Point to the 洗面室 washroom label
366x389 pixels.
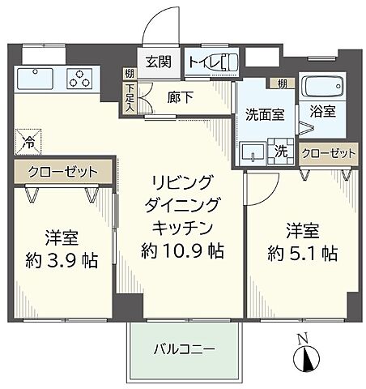point(259,113)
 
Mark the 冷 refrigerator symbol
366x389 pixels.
point(28,140)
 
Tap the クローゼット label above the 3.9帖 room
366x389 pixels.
point(62,172)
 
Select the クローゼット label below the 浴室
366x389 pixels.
point(328,153)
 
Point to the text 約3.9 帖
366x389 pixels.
point(62,261)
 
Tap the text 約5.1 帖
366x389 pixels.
point(303,252)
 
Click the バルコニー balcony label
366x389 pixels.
point(185,350)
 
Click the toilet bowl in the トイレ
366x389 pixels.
point(225,62)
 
